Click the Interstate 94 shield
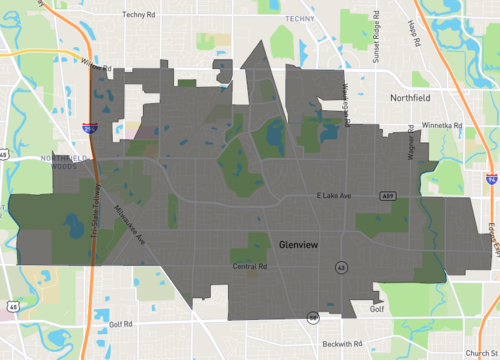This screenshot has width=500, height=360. coord(489,177)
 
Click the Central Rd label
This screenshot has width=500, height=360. coord(250,267)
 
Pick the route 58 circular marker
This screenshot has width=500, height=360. coord(313,316)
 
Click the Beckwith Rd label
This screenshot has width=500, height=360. coord(343,343)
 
